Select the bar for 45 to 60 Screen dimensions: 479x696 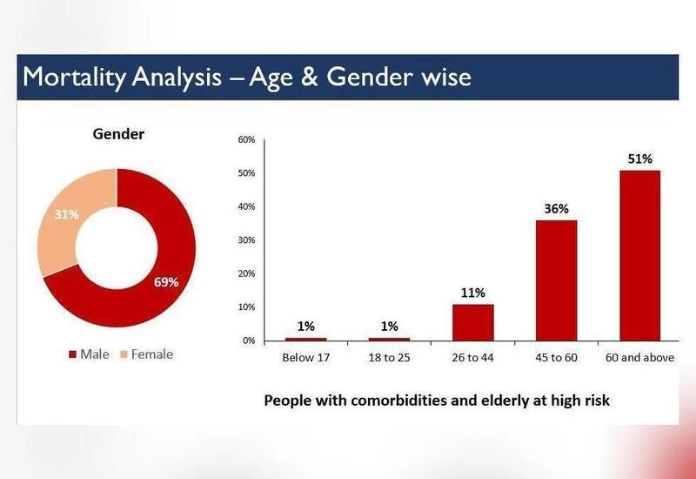coord(556,280)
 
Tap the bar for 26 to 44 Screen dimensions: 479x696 coord(472,321)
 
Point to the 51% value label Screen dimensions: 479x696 coord(639,159)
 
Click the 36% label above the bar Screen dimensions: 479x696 coord(556,209)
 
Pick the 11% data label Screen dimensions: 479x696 coord(472,293)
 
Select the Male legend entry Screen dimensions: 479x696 coord(90,354)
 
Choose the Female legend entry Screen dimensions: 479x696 coord(146,354)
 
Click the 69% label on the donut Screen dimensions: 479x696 coord(166,282)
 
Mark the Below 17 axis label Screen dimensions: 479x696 coord(305,358)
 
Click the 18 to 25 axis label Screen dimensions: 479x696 coord(389,358)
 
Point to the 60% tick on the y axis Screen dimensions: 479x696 coord(246,139)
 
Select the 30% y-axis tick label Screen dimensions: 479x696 coord(246,240)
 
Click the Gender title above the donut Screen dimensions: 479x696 coord(119,134)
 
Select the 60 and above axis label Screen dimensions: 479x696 coord(639,358)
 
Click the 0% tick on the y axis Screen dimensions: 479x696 coord(248,341)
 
